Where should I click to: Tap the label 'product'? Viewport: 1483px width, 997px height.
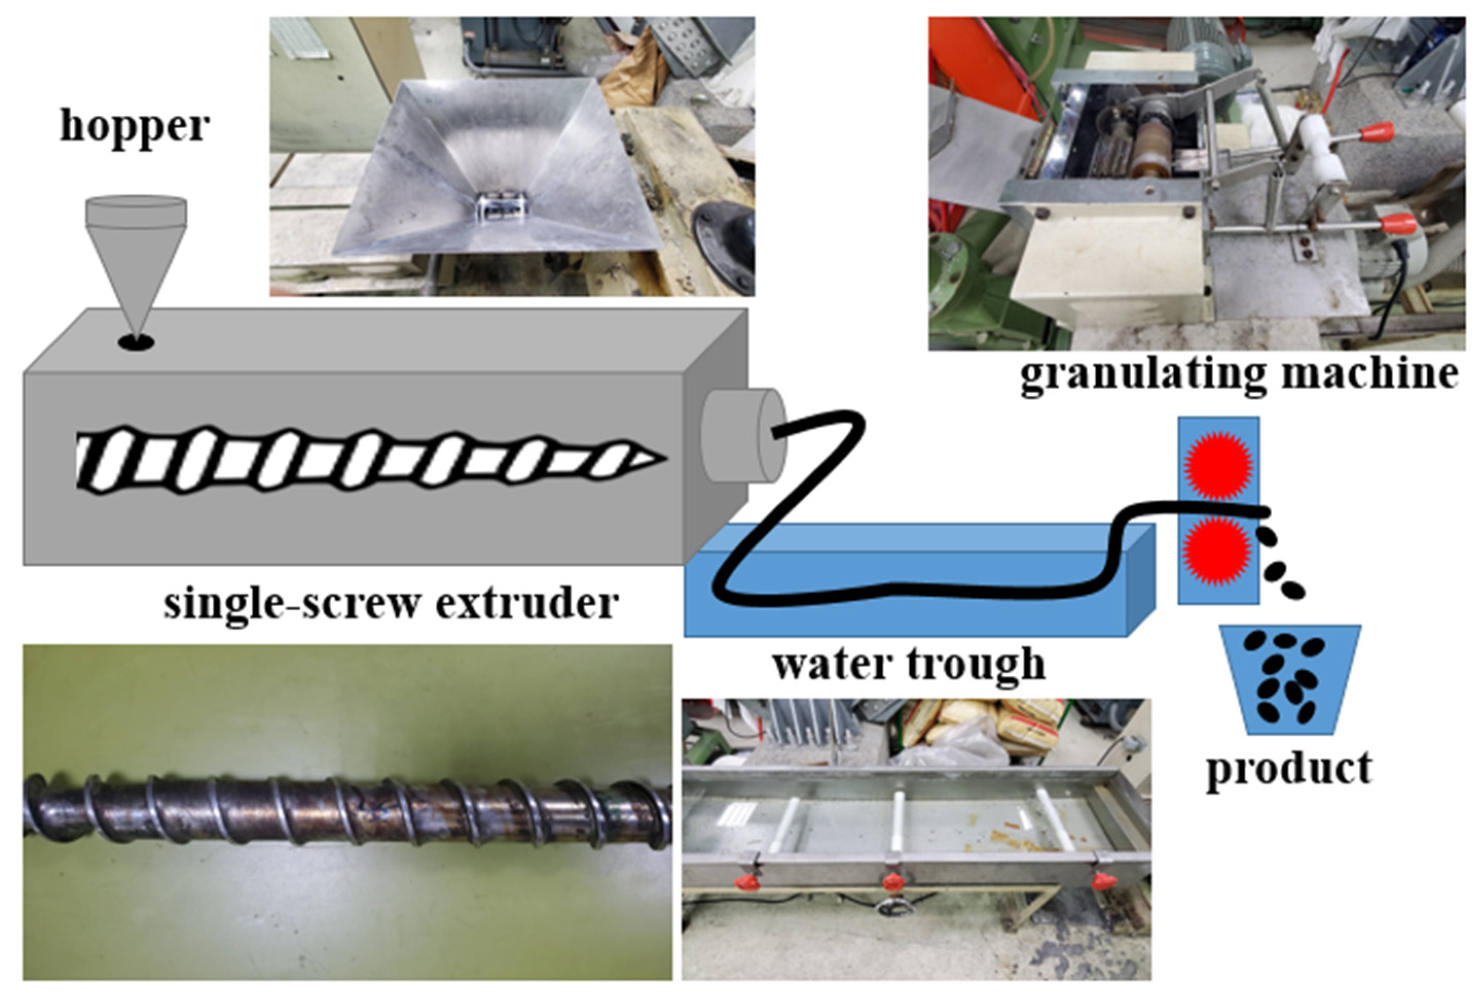click(x=1289, y=768)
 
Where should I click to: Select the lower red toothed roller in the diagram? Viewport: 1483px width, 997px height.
click(x=1218, y=550)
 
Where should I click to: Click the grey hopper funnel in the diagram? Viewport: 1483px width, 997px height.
click(x=136, y=254)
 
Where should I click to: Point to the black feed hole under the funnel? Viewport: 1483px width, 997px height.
click(x=136, y=343)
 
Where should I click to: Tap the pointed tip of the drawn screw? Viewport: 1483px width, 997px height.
click(x=654, y=457)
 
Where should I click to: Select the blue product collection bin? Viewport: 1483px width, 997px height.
click(x=1289, y=679)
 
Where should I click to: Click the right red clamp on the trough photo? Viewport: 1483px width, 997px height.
click(x=1104, y=881)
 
